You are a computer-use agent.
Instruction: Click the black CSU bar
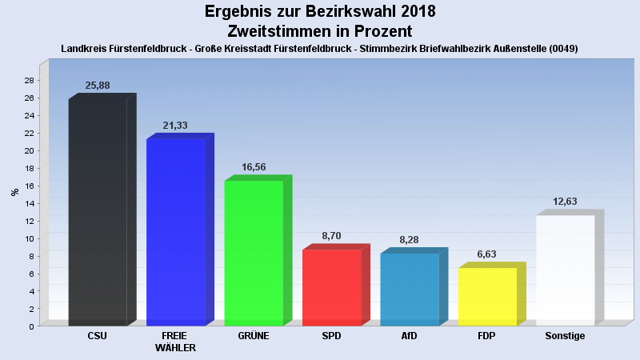[x=98, y=212]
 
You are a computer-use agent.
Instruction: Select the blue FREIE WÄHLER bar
[x=176, y=232]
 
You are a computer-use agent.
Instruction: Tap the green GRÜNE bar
[x=254, y=253]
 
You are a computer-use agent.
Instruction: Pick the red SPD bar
[x=331, y=287]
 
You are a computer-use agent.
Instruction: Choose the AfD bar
[x=410, y=289]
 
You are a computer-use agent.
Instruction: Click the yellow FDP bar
[x=487, y=296]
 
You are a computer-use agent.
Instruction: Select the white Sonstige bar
[x=565, y=270]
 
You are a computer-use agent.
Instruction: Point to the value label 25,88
[x=98, y=86]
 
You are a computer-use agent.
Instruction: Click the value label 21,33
[x=175, y=126]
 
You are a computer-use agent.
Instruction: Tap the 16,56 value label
[x=254, y=167]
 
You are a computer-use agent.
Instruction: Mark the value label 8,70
[x=331, y=236]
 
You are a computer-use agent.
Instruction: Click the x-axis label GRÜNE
[x=254, y=336]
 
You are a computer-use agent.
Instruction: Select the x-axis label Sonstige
[x=565, y=336]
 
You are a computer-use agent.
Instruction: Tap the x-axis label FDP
[x=487, y=336]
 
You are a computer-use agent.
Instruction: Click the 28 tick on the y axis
[x=29, y=81]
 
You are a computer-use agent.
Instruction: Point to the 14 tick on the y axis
[x=29, y=203]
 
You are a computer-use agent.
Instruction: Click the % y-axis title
[x=14, y=192]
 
